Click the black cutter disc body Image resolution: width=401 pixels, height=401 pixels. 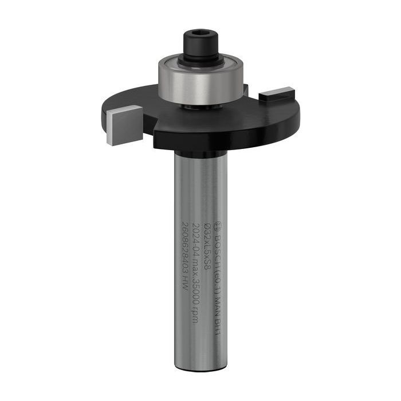229,123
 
